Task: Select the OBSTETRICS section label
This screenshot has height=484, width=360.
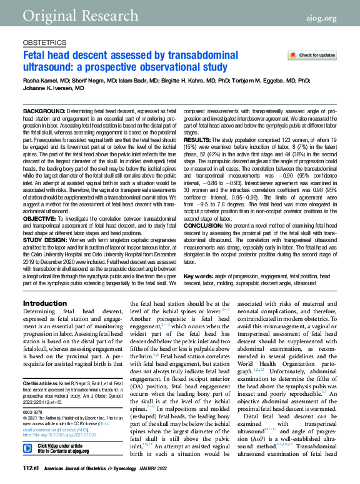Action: pyautogui.click(x=44, y=43)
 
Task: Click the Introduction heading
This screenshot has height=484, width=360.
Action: pyautogui.click(x=44, y=303)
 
